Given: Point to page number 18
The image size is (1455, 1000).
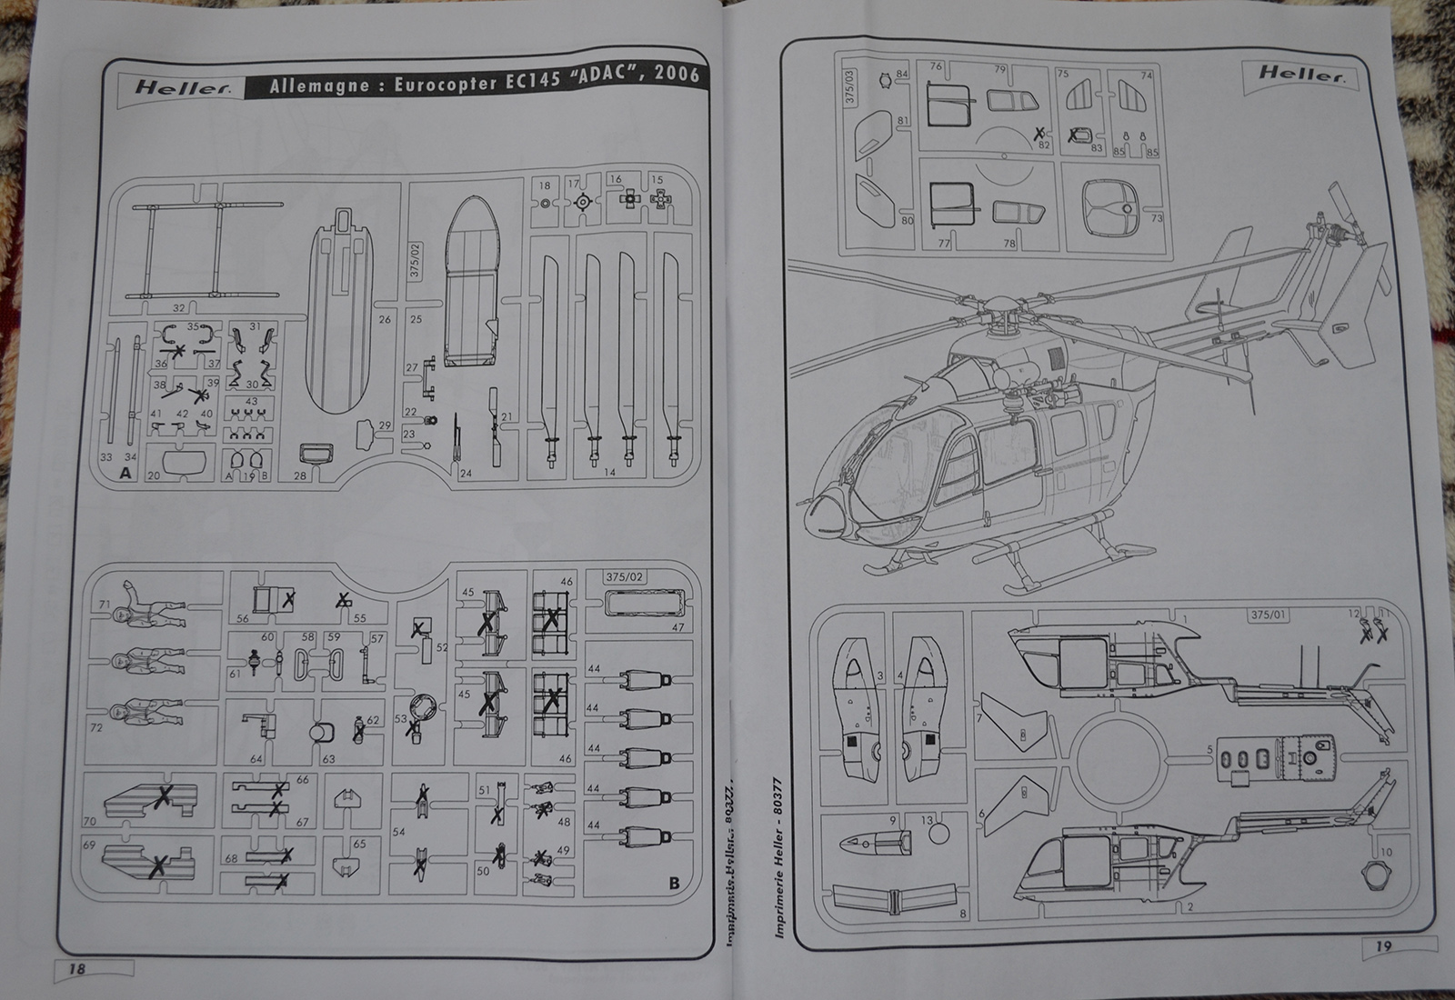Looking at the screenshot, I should (x=77, y=968).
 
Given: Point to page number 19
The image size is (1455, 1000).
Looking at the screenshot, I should (x=1383, y=946).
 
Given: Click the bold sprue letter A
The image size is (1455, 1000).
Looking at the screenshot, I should (x=125, y=473).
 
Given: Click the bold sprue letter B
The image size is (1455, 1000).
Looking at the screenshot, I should (x=674, y=882).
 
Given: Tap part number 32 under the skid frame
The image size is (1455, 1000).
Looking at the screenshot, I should (x=178, y=309).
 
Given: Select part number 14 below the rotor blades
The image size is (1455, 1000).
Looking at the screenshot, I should (x=608, y=471).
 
